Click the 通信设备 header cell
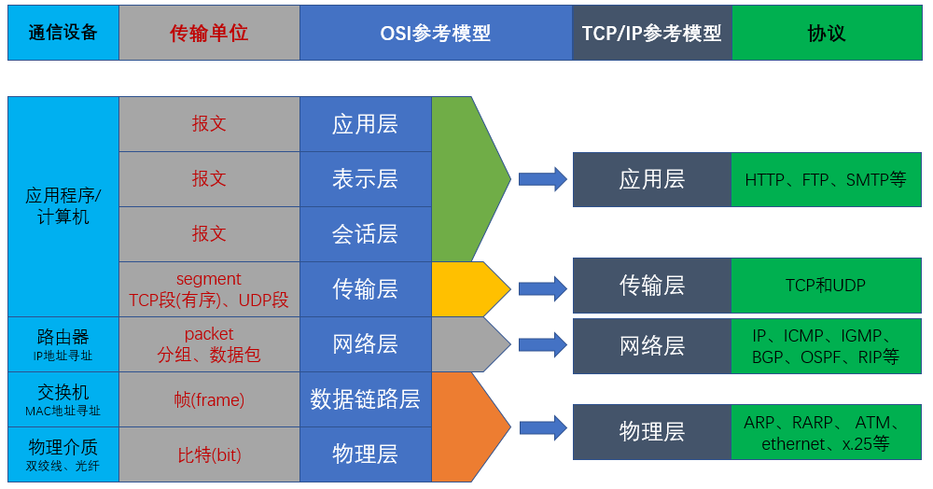[63, 33]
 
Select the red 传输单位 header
[209, 33]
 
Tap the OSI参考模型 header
[436, 33]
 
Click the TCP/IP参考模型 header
[652, 33]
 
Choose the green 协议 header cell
[827, 33]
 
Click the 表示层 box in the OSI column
[366, 179]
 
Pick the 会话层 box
[366, 234]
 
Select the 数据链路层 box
[366, 399]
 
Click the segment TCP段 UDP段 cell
[209, 289]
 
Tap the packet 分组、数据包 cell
[209, 344]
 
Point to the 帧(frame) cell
[209, 399]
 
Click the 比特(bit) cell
[209, 454]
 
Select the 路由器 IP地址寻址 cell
[63, 344]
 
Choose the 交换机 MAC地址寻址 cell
[63, 399]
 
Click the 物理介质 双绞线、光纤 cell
[63, 454]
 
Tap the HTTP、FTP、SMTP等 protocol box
[826, 179]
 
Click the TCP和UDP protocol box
[826, 285]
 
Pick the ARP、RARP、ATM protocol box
[826, 432]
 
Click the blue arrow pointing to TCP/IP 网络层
[542, 344]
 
